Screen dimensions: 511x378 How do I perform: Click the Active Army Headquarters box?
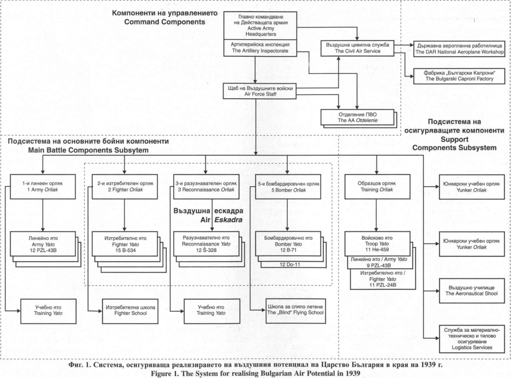(x=260, y=26)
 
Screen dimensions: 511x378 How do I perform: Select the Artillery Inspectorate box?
(x=260, y=48)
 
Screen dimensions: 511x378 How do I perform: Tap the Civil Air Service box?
(x=357, y=48)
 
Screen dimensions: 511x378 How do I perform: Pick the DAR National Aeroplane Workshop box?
(x=459, y=49)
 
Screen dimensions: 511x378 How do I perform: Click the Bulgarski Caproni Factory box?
(x=459, y=76)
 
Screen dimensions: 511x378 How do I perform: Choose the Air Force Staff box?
(x=260, y=91)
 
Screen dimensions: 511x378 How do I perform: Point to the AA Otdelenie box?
(x=357, y=118)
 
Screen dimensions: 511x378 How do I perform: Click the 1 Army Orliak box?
(x=43, y=187)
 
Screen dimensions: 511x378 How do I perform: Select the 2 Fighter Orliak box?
(x=124, y=187)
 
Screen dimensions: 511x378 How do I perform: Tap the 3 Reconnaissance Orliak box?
(x=206, y=187)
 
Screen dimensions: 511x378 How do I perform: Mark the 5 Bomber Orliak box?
(x=288, y=187)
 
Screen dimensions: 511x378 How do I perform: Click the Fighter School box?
(x=130, y=311)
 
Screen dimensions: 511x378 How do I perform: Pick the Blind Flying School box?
(x=295, y=311)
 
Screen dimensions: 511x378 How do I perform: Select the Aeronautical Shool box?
(x=471, y=291)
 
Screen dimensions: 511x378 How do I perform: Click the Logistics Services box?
(x=471, y=339)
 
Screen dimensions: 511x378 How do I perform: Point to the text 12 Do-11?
(x=290, y=264)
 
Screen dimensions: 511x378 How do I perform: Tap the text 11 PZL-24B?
(x=383, y=285)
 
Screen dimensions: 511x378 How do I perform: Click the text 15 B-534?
(x=125, y=250)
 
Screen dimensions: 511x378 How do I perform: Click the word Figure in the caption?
(x=161, y=373)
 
